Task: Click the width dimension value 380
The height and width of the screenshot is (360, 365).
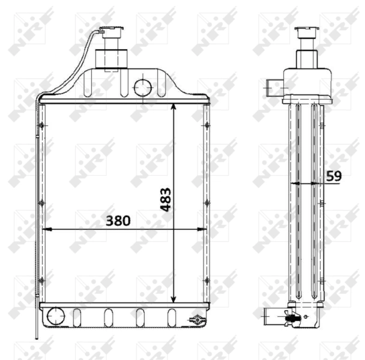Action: (x=118, y=220)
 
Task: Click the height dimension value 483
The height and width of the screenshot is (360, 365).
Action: (x=165, y=199)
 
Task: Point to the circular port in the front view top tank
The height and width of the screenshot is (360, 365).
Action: (x=143, y=88)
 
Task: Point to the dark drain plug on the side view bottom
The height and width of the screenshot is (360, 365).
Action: (x=292, y=319)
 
